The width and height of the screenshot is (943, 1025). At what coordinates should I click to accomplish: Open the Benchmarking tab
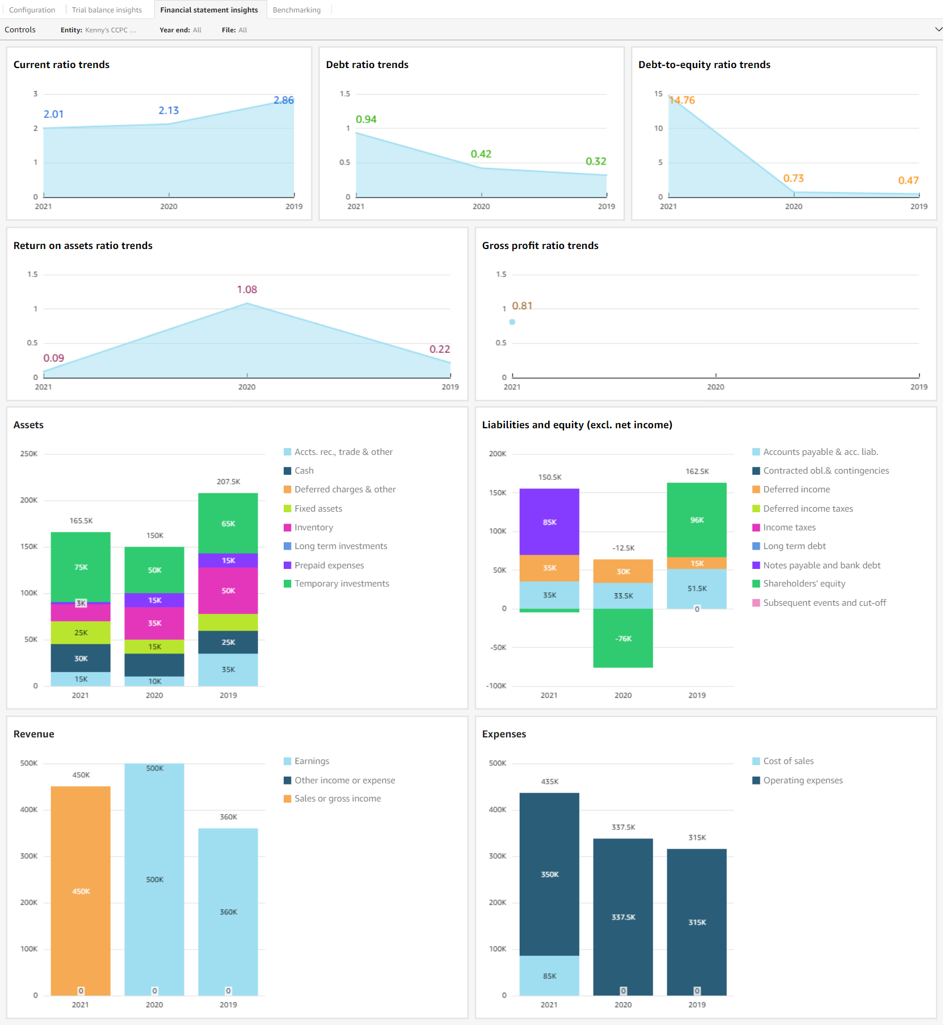click(296, 10)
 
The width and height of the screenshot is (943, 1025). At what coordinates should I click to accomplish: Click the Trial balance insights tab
click(107, 10)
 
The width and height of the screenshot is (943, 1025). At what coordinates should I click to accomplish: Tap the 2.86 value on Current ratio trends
click(284, 100)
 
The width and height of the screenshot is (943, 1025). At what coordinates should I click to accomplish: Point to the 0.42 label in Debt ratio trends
click(481, 154)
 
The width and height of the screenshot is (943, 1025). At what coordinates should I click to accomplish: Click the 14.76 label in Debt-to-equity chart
click(682, 100)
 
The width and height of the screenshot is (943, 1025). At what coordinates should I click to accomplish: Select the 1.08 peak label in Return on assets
click(247, 289)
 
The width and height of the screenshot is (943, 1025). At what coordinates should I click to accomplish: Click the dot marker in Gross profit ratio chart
click(512, 322)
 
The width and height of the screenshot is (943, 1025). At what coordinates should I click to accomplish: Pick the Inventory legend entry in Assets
click(313, 528)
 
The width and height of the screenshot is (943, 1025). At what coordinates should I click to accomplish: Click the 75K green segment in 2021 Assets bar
click(81, 567)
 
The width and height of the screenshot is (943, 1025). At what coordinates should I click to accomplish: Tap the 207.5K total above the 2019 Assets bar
click(228, 482)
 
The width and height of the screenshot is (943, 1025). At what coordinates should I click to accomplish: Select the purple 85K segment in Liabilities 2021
click(549, 522)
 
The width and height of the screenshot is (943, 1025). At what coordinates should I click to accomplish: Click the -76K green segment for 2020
click(623, 639)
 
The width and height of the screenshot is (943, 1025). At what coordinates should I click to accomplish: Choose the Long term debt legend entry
click(794, 546)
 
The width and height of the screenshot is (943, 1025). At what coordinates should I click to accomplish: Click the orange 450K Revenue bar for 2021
click(81, 891)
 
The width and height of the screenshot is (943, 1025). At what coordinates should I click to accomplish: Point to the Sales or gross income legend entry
click(337, 799)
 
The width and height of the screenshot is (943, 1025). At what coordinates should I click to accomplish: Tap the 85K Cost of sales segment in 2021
click(549, 976)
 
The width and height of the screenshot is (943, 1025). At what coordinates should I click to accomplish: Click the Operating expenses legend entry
click(802, 781)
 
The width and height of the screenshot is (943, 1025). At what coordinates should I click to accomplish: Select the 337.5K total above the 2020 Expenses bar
click(623, 827)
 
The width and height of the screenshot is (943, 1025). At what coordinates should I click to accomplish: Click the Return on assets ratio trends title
click(83, 246)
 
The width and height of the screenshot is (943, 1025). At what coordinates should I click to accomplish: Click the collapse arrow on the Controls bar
click(938, 29)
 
